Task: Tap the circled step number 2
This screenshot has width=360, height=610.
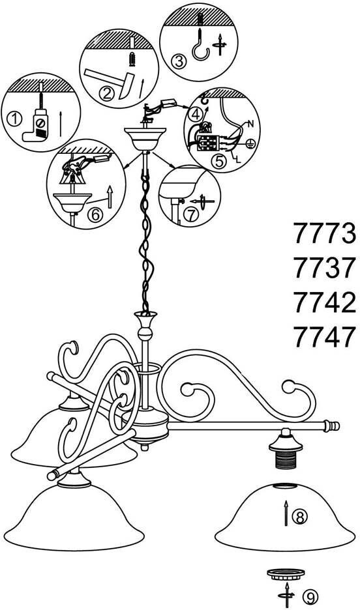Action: click(x=106, y=93)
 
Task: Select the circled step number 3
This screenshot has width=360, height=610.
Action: click(x=177, y=62)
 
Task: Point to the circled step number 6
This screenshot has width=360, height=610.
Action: click(x=95, y=214)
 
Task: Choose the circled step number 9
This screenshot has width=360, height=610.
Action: click(x=310, y=596)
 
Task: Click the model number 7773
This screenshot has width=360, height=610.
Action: click(x=325, y=233)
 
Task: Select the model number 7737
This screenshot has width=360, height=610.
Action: click(x=325, y=268)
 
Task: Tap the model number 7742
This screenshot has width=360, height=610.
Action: click(x=325, y=302)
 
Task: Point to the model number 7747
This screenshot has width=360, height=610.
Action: click(x=325, y=336)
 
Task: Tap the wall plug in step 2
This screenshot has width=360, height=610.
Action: click(x=132, y=59)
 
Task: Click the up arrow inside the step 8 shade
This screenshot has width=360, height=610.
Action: click(x=286, y=513)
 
